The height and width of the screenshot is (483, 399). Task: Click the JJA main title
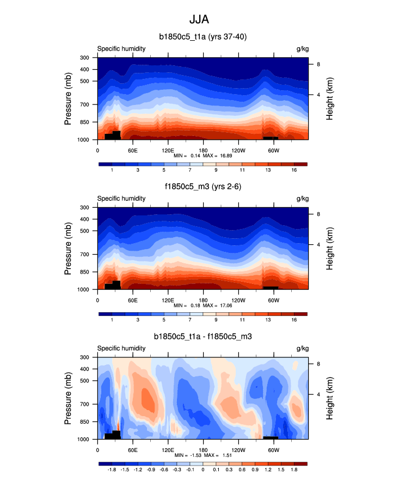pos(199,20)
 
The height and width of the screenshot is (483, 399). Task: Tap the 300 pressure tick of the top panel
pos(84,58)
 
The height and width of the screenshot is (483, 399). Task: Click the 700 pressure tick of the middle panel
pos(84,254)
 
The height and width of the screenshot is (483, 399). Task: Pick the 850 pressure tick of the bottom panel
pos(84,422)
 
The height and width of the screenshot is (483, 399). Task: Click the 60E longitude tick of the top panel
pos(132,150)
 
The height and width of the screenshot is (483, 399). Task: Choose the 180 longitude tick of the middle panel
pos(203,300)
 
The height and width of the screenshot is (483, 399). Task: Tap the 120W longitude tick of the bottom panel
pos(238,450)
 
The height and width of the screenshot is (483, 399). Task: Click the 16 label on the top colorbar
pos(294,171)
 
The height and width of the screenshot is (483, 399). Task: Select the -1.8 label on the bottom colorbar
pos(112,470)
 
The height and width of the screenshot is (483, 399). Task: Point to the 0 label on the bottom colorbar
pos(203,470)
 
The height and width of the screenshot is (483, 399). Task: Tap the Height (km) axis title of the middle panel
pos(330,249)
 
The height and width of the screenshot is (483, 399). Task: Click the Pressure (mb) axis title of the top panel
pos(68,98)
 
